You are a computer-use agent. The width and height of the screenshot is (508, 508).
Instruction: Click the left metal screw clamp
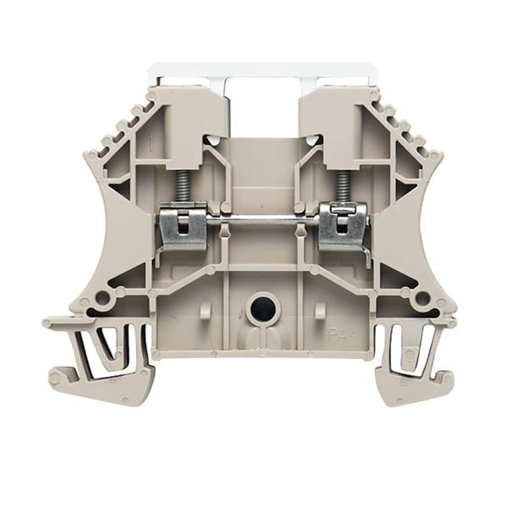pos(184,228)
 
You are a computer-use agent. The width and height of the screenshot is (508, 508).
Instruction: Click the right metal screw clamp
pos(343,228)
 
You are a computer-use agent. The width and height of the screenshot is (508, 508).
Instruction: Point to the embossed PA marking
pos(339,333)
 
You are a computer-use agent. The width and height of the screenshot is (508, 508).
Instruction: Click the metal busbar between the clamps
pos(262,223)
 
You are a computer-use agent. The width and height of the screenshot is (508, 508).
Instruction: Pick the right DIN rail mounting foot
pos(411,364)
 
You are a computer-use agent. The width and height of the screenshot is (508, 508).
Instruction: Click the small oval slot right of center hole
pos(319,311)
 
